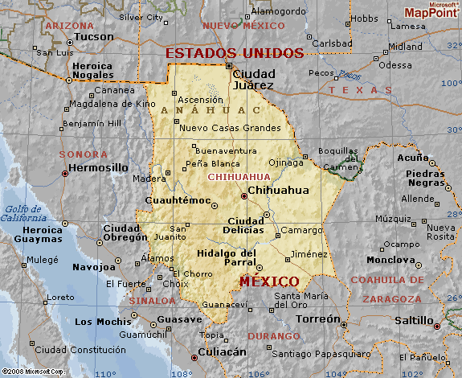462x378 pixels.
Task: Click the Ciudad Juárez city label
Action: click(253, 79)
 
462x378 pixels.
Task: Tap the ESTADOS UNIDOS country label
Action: click(235, 54)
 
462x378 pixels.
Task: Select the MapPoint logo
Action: click(431, 10)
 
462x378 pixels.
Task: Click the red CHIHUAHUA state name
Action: click(239, 176)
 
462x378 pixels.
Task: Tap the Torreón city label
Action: click(317, 318)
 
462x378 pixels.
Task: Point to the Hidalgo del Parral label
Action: click(227, 258)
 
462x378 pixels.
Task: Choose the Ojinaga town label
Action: click(286, 162)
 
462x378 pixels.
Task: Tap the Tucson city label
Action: click(96, 37)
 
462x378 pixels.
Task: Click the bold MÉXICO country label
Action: click(269, 281)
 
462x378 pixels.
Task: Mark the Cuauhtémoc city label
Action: click(178, 200)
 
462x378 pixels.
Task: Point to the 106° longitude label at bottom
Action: click(257, 372)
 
